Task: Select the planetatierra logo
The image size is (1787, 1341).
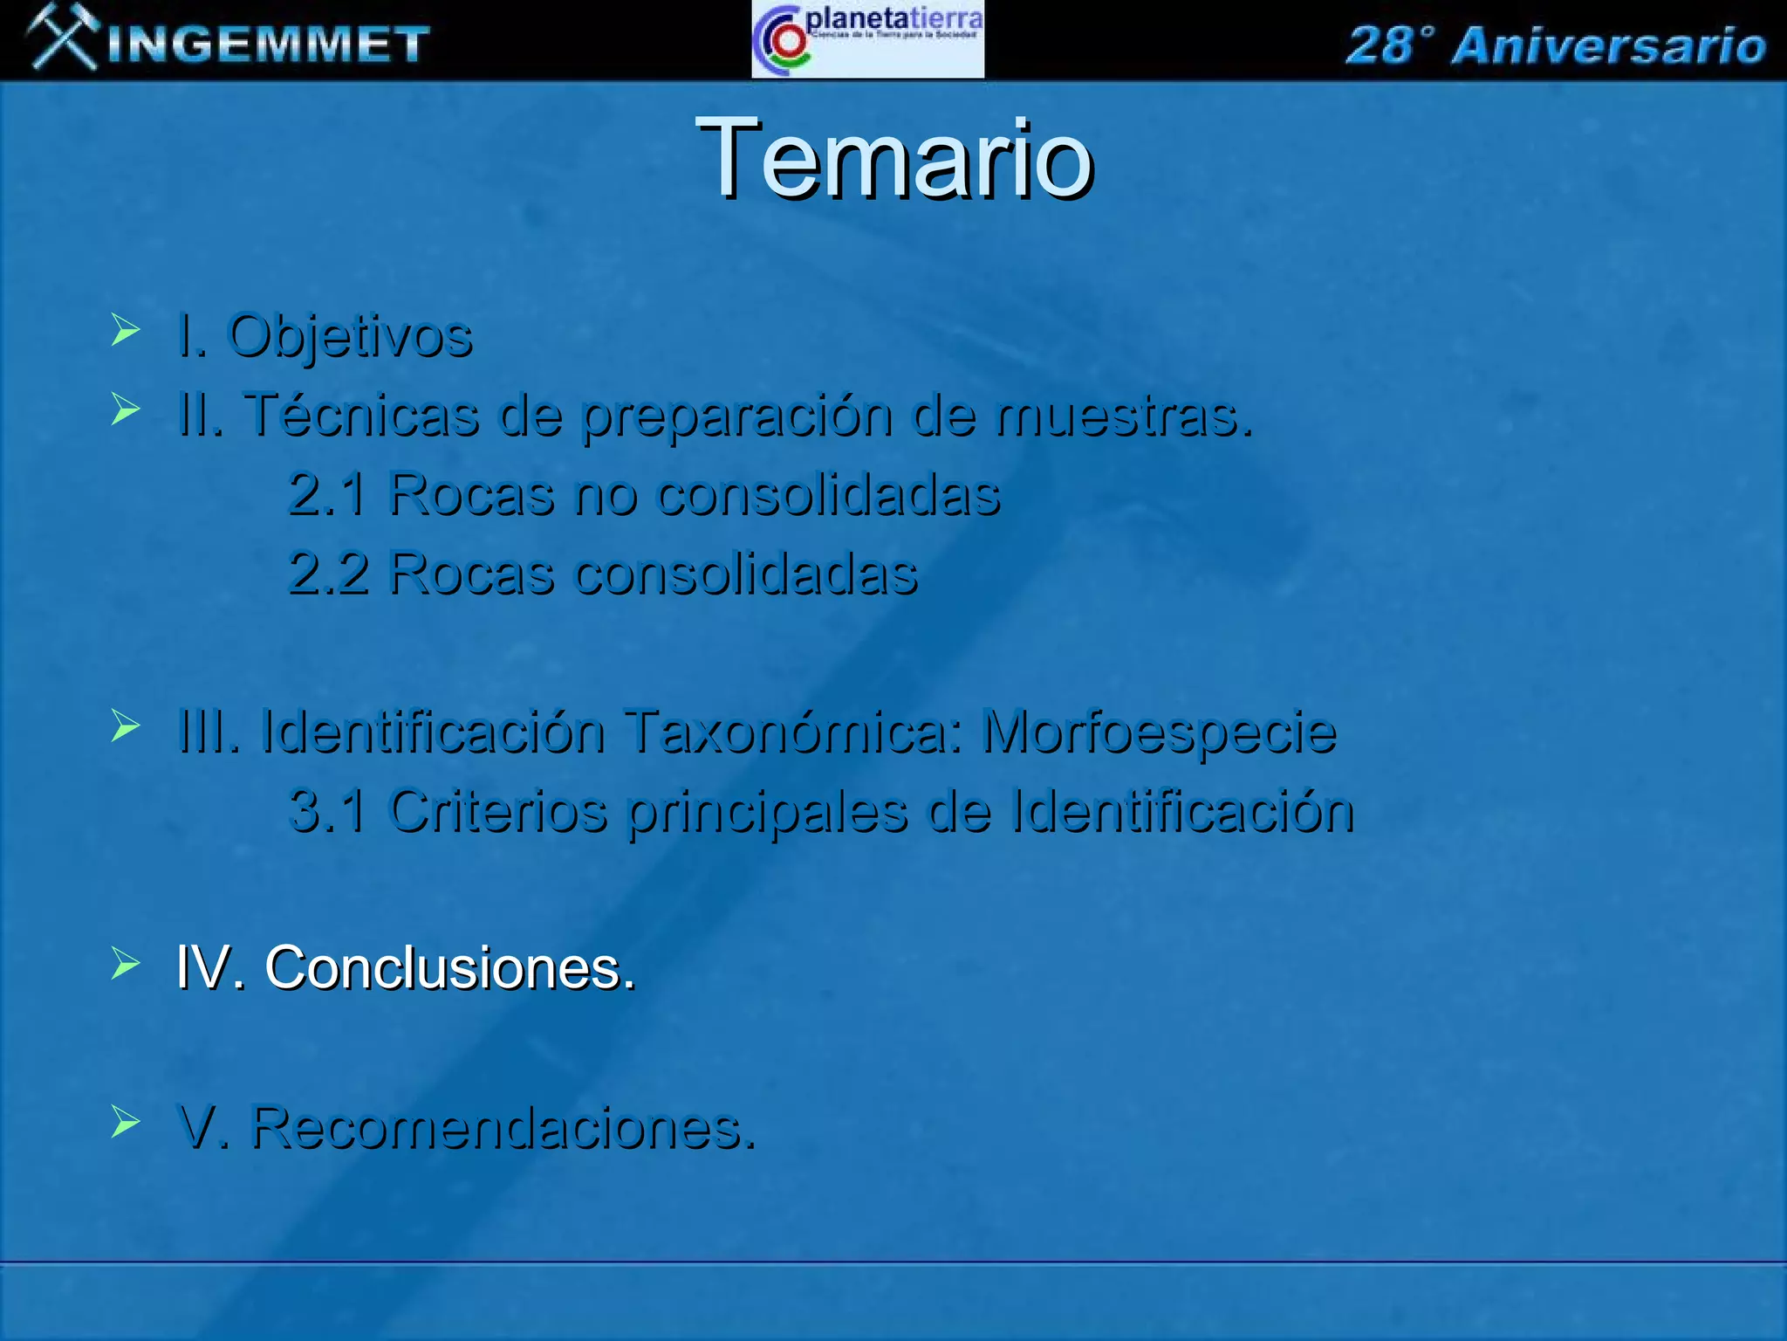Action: tap(867, 40)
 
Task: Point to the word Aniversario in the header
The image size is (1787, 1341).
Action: tap(1608, 46)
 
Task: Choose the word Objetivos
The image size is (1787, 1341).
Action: tap(350, 336)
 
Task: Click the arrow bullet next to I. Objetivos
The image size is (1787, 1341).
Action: tap(126, 331)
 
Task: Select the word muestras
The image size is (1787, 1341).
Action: tap(1125, 416)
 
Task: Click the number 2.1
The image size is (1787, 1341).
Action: tap(327, 494)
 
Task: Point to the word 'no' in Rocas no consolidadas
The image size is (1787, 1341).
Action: tap(605, 495)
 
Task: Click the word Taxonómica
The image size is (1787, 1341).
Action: tap(793, 732)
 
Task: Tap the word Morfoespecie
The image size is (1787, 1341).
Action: tap(1160, 732)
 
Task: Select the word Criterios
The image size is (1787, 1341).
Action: tap(498, 811)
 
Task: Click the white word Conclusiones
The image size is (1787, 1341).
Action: tap(449, 968)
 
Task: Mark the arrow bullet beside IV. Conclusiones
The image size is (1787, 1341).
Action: tap(126, 964)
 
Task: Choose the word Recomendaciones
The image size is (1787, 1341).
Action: tap(503, 1128)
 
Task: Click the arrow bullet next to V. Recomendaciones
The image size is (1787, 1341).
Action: tap(126, 1122)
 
